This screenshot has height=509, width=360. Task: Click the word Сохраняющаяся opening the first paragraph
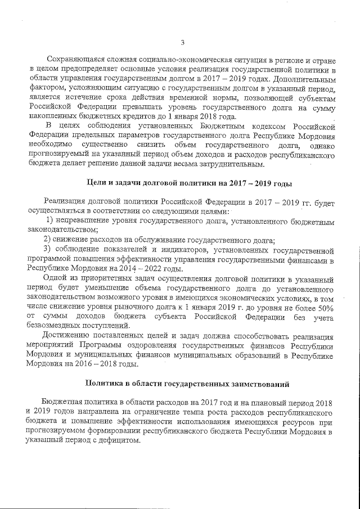(75, 60)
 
